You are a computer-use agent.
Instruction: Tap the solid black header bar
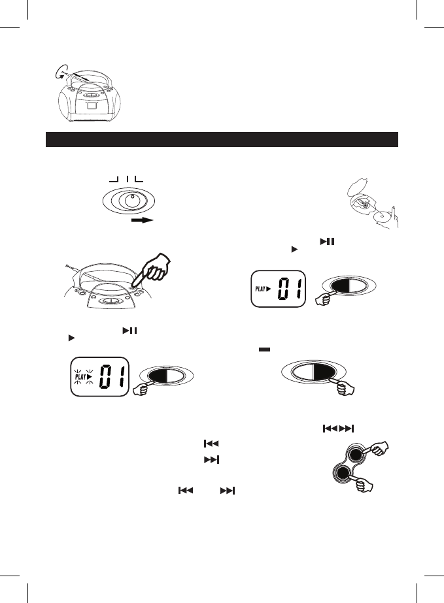click(x=222, y=139)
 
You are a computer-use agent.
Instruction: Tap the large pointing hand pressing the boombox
click(x=156, y=268)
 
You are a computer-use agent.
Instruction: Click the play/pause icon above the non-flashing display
click(x=323, y=242)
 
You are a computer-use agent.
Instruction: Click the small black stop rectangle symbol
click(x=264, y=350)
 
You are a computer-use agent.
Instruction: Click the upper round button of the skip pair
click(x=355, y=456)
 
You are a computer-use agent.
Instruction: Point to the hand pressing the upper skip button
click(x=378, y=449)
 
